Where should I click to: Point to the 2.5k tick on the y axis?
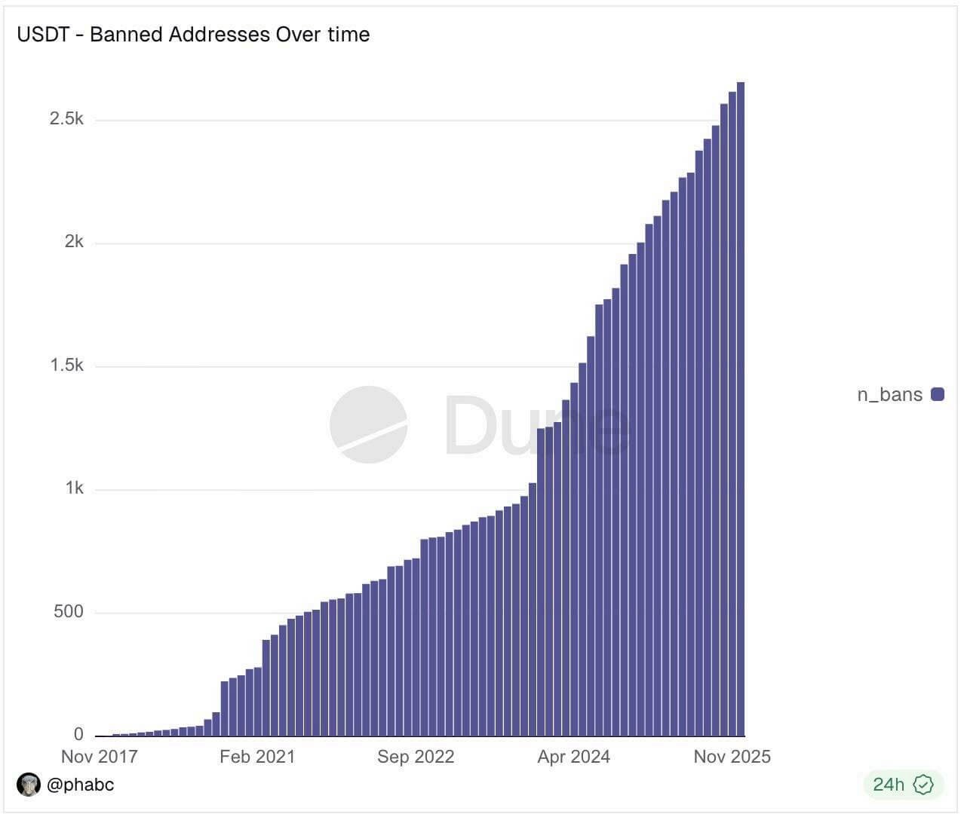[x=66, y=119]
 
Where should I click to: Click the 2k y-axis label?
[x=74, y=242]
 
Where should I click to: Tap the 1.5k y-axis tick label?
[x=66, y=366]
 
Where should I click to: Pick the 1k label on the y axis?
[x=74, y=488]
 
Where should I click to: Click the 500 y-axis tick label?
[x=68, y=611]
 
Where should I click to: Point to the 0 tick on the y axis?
[x=78, y=734]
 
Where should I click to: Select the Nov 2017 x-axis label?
[x=99, y=757]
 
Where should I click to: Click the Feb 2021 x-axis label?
[x=257, y=757]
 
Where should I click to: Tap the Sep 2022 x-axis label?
[x=416, y=757]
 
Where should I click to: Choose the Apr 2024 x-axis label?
[x=573, y=757]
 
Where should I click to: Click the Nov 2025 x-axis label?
[x=732, y=757]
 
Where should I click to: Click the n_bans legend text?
[x=889, y=394]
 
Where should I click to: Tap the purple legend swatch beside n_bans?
[x=938, y=394]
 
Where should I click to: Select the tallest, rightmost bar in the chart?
[x=741, y=407]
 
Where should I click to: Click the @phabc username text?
[x=80, y=785]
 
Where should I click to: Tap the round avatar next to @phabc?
[x=29, y=785]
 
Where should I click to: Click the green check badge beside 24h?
[x=923, y=785]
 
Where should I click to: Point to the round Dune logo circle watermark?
[x=368, y=424]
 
